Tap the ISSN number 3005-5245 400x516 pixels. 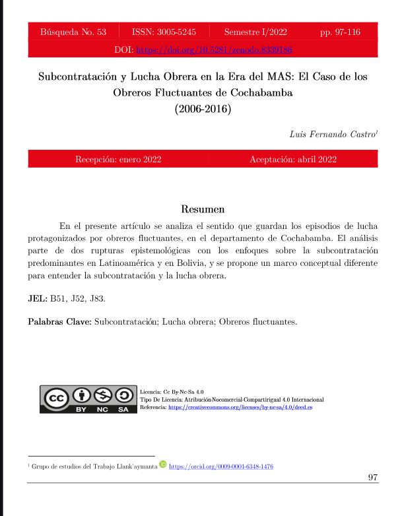point(163,32)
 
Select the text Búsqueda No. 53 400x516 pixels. point(72,32)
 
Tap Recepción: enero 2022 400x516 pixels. point(118,159)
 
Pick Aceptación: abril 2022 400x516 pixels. point(293,159)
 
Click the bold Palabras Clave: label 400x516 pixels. point(60,323)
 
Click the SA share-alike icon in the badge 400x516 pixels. point(123,397)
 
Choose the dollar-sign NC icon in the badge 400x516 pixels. point(102,397)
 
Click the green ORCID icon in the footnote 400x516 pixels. point(162,466)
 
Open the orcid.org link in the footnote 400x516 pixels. point(221,467)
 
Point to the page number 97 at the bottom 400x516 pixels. point(372,478)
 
